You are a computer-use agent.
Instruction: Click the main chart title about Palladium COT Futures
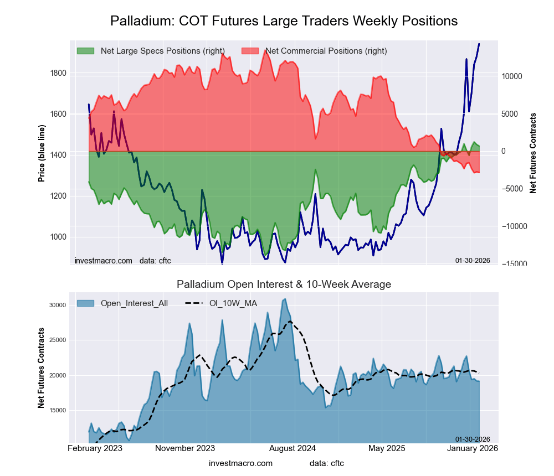click(x=284, y=21)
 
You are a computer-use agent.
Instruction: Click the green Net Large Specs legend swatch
click(x=86, y=51)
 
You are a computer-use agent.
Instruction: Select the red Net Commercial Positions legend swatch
click(x=250, y=51)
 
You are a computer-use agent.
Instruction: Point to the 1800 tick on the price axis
click(x=58, y=73)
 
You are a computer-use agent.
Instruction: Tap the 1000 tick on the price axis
click(x=58, y=237)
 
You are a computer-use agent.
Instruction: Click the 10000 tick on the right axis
click(x=513, y=76)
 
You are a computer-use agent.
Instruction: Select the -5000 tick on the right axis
click(x=513, y=189)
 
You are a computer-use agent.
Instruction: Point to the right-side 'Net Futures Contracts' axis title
click(x=533, y=153)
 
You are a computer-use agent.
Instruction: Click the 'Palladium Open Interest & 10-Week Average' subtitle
click(x=284, y=284)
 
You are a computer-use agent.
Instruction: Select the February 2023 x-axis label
click(x=95, y=448)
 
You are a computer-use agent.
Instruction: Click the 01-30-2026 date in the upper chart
click(x=473, y=260)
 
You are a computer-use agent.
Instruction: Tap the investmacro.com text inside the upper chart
click(x=104, y=260)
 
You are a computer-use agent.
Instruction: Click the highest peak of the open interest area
click(x=285, y=299)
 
